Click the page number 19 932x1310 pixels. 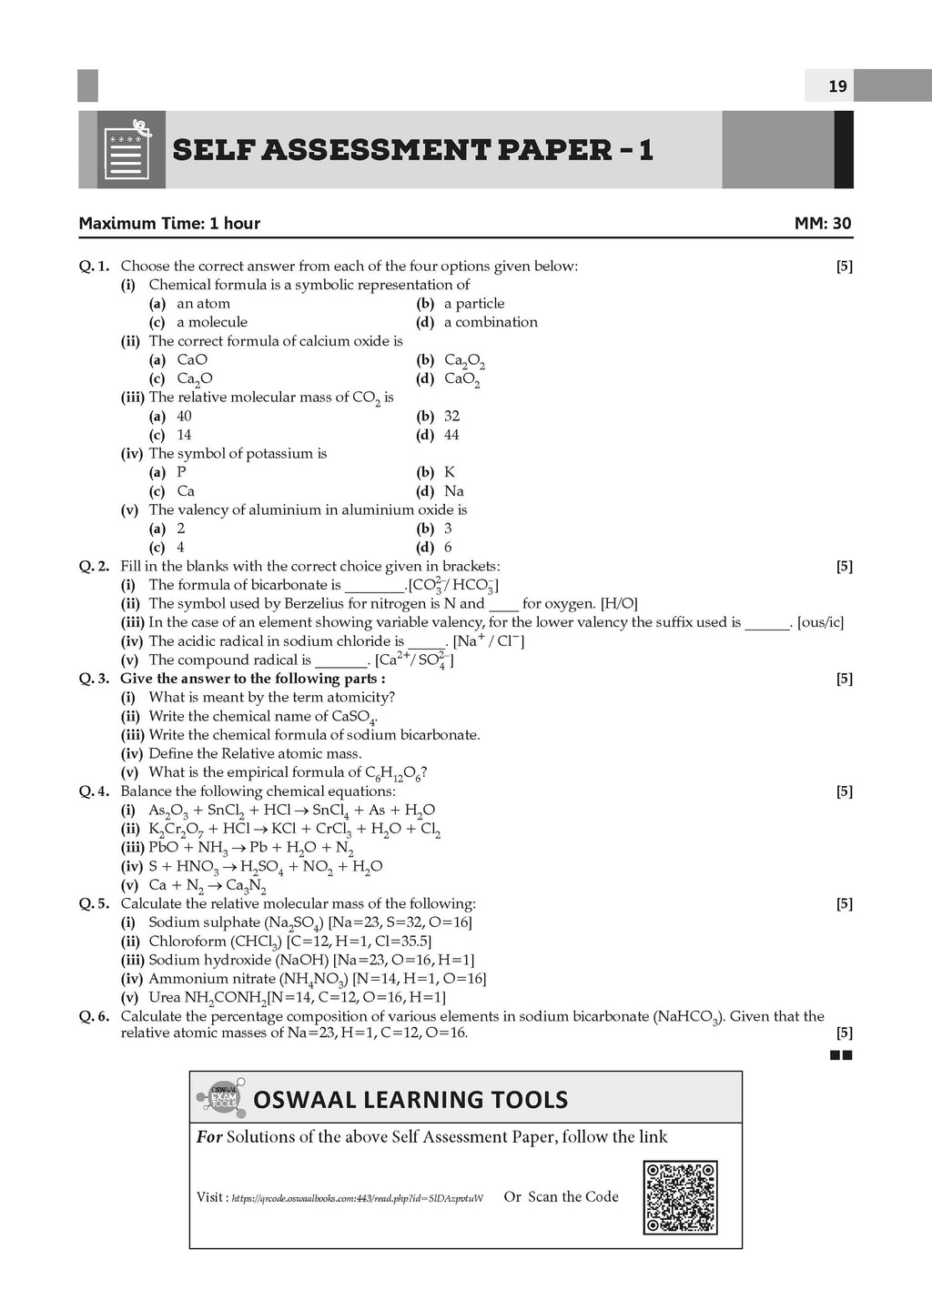pos(837,86)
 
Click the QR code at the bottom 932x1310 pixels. pos(680,1196)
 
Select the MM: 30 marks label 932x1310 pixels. pos(823,223)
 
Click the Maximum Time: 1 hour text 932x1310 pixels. pos(169,223)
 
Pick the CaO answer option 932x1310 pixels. pos(192,359)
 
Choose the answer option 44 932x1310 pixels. pos(451,435)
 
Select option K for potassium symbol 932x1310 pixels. pos(450,472)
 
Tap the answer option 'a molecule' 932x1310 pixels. pos(212,322)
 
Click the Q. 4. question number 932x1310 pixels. pos(94,791)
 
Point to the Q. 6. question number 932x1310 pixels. pos(94,1016)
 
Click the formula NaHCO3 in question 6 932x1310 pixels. pos(689,1017)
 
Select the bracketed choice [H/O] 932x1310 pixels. pos(620,603)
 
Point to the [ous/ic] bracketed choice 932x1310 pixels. pos(820,622)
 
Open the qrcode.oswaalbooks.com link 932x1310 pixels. pos(357,1198)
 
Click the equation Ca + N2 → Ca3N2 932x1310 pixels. pos(208,885)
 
